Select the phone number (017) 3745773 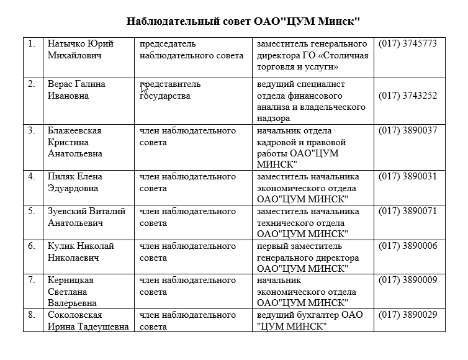(x=408, y=44)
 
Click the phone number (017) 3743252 (x=408, y=96)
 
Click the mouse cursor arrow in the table (x=144, y=88)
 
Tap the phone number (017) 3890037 (x=408, y=130)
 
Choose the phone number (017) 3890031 (x=408, y=176)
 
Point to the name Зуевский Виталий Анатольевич (x=86, y=217)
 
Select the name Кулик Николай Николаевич (x=81, y=251)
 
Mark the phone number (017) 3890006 (x=408, y=246)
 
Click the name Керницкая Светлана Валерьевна (x=72, y=292)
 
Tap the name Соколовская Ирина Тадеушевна (x=88, y=321)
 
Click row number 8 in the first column (x=32, y=315)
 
